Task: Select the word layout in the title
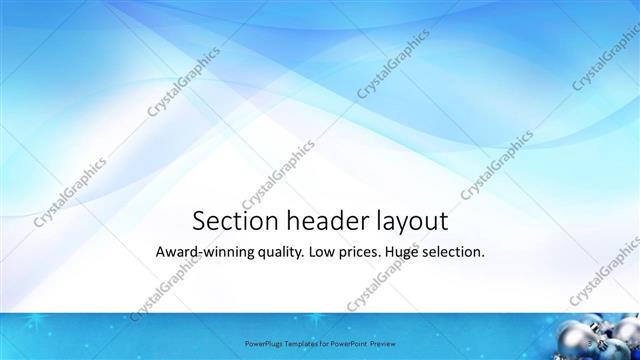(410, 221)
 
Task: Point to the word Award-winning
(203, 253)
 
